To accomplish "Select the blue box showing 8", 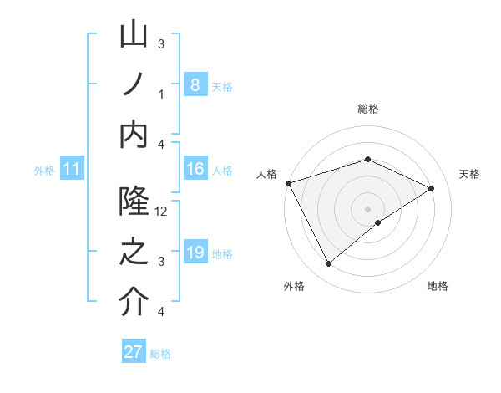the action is click(195, 84).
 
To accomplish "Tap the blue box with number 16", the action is click(195, 169).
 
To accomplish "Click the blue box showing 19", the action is click(195, 252).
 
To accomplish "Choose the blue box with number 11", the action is click(72, 169).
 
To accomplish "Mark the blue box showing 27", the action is click(134, 352).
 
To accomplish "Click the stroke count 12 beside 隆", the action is click(162, 212).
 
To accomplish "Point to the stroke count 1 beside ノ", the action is click(161, 94).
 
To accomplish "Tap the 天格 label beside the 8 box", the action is click(222, 86).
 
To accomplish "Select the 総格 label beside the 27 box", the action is click(160, 354).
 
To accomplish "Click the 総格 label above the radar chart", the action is click(368, 109).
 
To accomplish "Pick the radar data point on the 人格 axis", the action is click(288, 182).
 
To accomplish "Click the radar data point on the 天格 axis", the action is click(432, 188).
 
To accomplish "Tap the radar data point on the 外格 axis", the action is click(328, 264).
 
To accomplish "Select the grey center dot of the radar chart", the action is click(368, 208).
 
